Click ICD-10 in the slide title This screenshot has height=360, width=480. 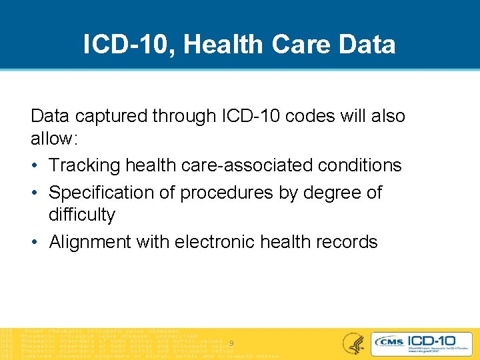click(126, 45)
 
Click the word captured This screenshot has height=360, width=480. click(111, 116)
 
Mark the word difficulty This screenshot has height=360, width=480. click(82, 215)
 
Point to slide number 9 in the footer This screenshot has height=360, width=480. click(231, 343)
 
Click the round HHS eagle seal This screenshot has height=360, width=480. click(353, 343)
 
